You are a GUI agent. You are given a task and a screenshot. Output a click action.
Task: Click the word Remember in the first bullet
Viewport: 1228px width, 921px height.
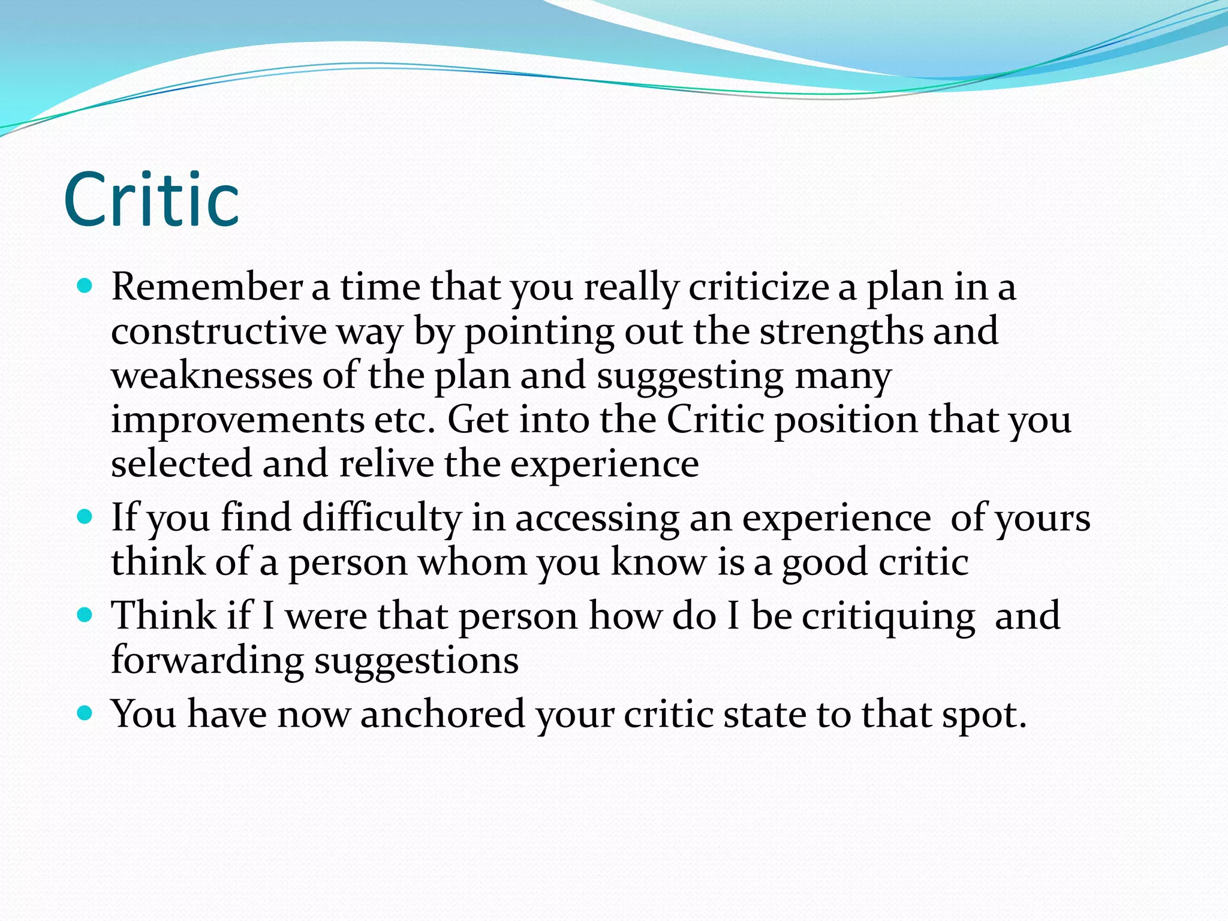[207, 287]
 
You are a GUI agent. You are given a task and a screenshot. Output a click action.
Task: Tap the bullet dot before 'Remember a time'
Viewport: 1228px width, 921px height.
[86, 285]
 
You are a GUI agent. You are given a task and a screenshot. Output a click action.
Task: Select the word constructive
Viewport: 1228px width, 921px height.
[219, 331]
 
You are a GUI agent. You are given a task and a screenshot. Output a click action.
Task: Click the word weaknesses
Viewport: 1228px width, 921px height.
[212, 376]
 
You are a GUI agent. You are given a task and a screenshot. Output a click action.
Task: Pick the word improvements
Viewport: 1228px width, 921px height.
[237, 419]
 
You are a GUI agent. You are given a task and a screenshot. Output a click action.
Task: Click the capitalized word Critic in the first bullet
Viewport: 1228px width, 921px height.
[715, 419]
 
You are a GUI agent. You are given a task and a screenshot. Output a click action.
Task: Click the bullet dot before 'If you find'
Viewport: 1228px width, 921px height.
[86, 516]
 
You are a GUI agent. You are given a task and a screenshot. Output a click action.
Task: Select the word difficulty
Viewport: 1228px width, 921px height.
[382, 517]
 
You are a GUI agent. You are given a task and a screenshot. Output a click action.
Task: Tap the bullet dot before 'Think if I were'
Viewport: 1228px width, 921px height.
[86, 614]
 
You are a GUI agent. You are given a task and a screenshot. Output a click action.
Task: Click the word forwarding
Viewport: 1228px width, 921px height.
[207, 661]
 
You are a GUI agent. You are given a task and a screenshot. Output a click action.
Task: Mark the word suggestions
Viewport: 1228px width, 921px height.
[417, 661]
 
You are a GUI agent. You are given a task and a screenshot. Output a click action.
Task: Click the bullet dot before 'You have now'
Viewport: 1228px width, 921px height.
[86, 712]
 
